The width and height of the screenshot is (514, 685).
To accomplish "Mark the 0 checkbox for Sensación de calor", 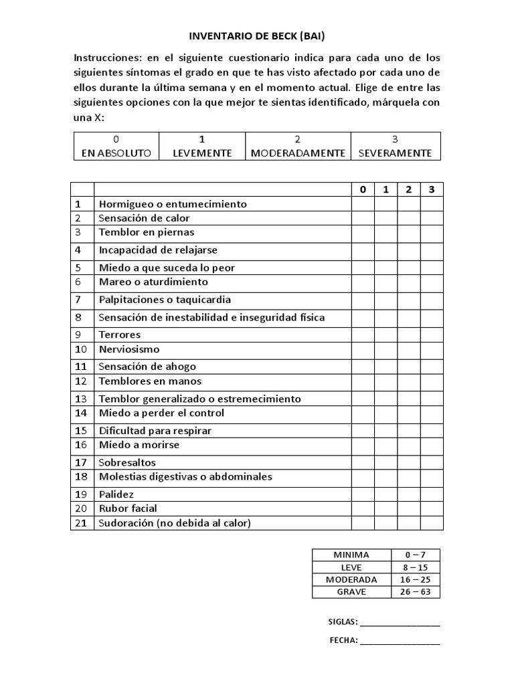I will pos(363,218).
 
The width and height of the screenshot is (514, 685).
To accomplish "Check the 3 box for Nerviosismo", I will pos(432,349).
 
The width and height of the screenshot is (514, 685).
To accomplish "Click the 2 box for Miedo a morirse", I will pos(409,445).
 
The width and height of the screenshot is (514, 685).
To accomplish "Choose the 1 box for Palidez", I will pos(385,494).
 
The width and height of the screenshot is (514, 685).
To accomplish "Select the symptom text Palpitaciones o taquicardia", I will pos(165,300).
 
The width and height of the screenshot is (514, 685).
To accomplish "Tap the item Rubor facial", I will pos(128,508).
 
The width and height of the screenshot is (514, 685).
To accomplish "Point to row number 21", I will pos(82,523).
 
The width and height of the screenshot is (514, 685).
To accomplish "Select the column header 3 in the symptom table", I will pos(432,189).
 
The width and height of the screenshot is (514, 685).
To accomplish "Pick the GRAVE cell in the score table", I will pos(351,592).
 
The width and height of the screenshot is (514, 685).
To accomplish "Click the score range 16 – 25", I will pos(415,579).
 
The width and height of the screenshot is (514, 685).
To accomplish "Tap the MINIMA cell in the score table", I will pos(351,555).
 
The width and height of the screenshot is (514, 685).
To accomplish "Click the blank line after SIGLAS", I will pos(400,621).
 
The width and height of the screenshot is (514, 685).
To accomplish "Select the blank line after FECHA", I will pos(400,640).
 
